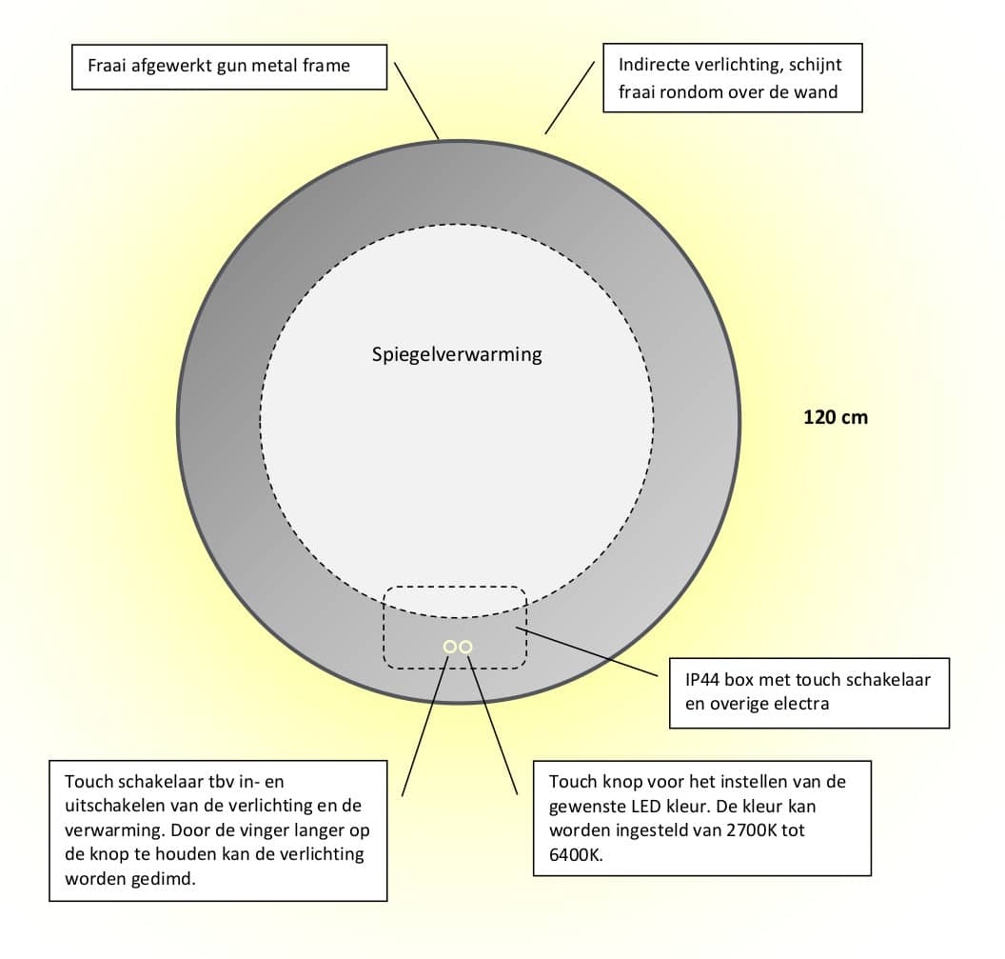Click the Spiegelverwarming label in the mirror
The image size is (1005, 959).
coord(457,354)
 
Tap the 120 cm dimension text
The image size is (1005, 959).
coord(836,417)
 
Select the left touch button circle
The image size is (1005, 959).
coord(450,647)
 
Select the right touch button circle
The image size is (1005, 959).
coord(466,647)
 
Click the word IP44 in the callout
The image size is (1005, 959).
coord(702,679)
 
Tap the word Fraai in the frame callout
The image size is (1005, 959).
coord(107,66)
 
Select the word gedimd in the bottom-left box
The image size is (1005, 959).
coord(165,879)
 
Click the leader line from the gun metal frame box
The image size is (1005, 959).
coord(417,101)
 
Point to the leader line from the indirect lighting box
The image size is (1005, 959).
coord(570,98)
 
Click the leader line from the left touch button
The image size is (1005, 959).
coord(425,726)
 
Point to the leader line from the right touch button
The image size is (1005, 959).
coord(492,725)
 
